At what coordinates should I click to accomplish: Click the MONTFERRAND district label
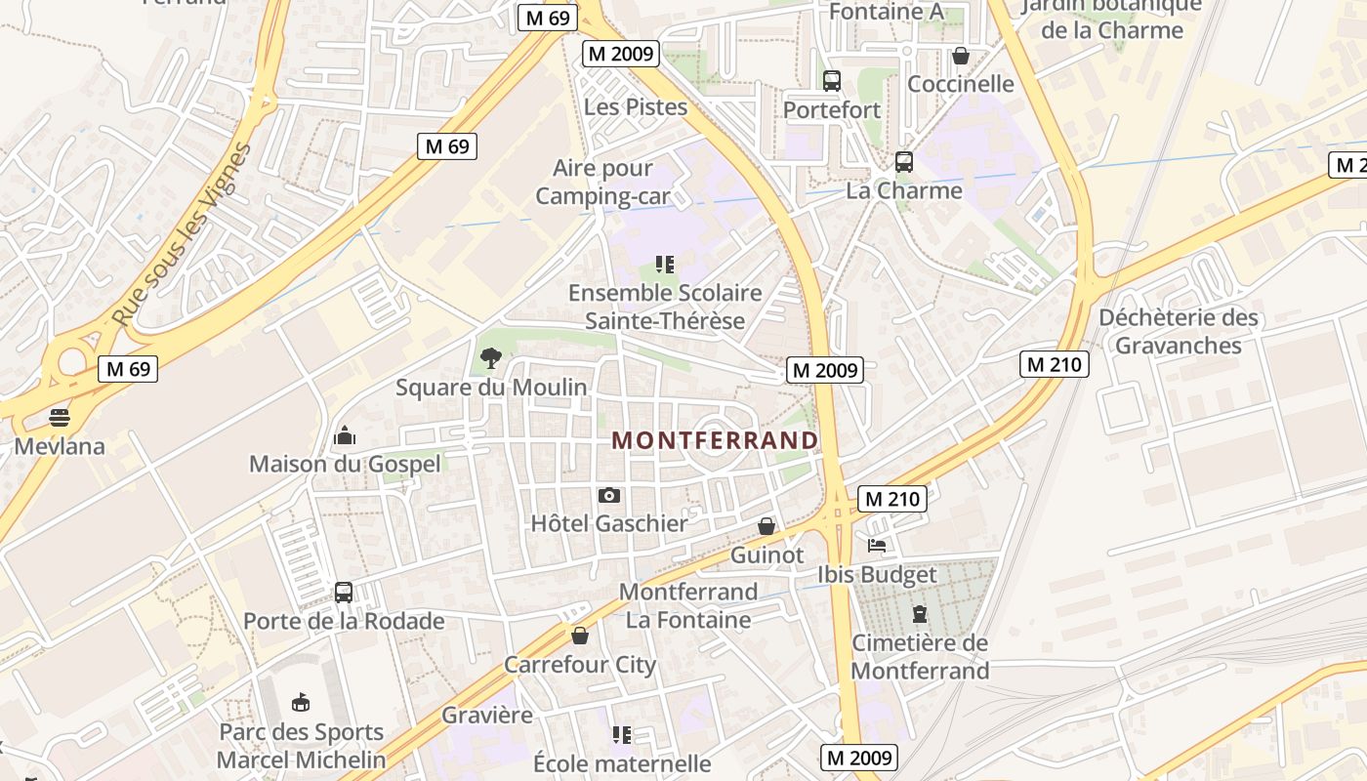coord(715,440)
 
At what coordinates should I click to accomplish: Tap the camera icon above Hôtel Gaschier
coord(608,496)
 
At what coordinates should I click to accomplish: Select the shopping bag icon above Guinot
coord(767,527)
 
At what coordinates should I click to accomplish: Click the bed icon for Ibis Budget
coord(877,546)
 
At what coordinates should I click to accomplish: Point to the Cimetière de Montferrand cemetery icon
coord(919,614)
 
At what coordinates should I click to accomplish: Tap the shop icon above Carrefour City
coord(580,637)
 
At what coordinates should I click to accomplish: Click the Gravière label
coord(487,715)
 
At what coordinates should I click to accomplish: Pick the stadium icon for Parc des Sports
coord(301,702)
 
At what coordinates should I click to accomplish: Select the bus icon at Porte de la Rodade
coord(343,592)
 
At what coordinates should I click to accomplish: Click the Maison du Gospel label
coord(345,464)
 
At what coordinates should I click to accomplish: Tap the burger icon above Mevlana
coord(60,418)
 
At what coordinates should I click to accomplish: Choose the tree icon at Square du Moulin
coord(490,358)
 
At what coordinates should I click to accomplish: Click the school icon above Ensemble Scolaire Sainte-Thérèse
coord(665,264)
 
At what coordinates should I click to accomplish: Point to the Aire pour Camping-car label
coord(603,183)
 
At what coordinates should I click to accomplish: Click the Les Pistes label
coord(636,107)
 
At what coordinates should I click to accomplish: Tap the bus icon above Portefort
coord(832,81)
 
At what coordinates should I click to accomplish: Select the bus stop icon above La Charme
coord(904,161)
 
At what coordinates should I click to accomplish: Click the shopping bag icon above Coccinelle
coord(961,56)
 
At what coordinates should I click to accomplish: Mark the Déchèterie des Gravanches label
coord(1179,332)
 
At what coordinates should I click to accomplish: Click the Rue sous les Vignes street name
coord(184,235)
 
